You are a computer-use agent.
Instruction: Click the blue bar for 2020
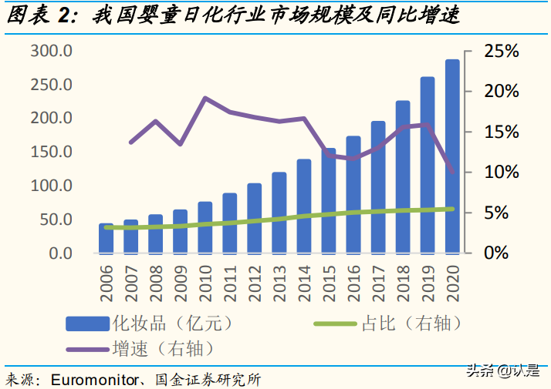click(452, 156)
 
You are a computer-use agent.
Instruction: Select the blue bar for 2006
click(106, 238)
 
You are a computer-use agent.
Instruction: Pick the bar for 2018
click(403, 176)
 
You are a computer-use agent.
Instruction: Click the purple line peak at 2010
click(205, 98)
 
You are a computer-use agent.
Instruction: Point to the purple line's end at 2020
click(452, 173)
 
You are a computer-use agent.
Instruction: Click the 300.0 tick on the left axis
click(52, 51)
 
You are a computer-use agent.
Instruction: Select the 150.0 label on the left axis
click(52, 152)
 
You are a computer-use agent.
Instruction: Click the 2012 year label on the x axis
click(255, 283)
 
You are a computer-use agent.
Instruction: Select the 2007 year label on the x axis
click(130, 283)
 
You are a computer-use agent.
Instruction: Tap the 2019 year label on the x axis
click(428, 283)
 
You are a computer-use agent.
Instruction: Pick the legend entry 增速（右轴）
click(163, 348)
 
